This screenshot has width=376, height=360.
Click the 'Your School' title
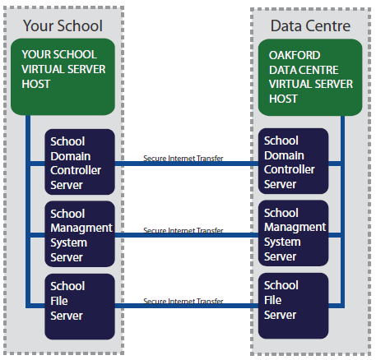[x=63, y=25]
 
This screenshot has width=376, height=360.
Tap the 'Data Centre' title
[x=310, y=26]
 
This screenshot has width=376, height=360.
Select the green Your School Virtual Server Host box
[x=63, y=76]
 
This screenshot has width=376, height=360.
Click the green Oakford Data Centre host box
[x=310, y=77]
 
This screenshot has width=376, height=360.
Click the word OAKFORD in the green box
[x=295, y=55]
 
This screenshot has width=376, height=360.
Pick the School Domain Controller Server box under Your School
[x=80, y=162]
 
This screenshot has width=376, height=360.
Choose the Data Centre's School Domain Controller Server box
[x=293, y=161]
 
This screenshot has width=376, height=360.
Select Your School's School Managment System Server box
[x=80, y=234]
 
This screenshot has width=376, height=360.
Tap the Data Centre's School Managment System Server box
[x=293, y=233]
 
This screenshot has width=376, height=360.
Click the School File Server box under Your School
[x=80, y=307]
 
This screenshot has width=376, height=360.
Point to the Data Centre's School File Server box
[x=293, y=306]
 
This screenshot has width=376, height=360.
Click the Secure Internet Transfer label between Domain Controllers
[x=183, y=159]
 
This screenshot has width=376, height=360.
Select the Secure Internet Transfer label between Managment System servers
[x=183, y=230]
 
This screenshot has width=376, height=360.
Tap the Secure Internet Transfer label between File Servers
[x=183, y=301]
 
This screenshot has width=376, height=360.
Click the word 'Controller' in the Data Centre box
[x=290, y=169]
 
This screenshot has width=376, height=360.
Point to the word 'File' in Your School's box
[x=59, y=301]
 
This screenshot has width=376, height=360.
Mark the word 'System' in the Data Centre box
[x=282, y=242]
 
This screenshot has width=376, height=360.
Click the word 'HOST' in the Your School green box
[x=36, y=84]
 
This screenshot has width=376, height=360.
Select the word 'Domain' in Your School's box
[x=71, y=156]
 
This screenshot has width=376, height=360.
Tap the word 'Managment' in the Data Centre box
[x=295, y=228]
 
